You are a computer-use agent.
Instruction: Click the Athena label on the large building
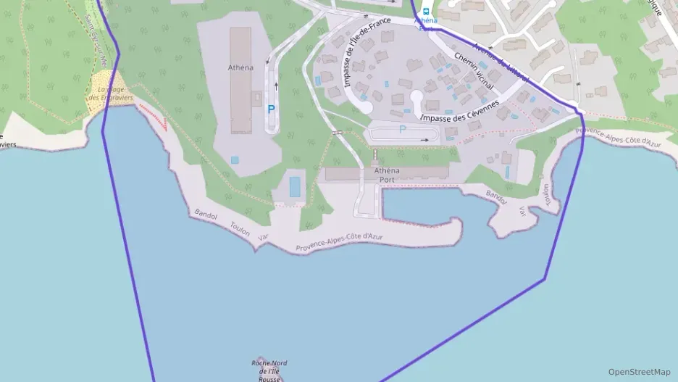(240, 68)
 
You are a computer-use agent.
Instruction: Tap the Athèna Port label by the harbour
(387, 175)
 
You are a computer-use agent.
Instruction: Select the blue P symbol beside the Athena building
(271, 109)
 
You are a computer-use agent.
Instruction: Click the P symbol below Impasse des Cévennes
(403, 130)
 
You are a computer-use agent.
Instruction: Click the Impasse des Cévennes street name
(459, 111)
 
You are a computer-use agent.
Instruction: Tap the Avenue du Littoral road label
(500, 62)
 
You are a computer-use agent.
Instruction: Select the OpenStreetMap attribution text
(639, 372)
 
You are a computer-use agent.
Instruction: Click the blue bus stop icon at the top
(426, 12)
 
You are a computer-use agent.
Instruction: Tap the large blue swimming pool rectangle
(295, 186)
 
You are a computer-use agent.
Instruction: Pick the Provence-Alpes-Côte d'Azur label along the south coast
(339, 242)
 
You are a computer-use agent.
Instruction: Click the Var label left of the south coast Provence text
(263, 237)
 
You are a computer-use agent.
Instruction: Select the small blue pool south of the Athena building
(234, 159)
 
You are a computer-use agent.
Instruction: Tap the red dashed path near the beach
(153, 115)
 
